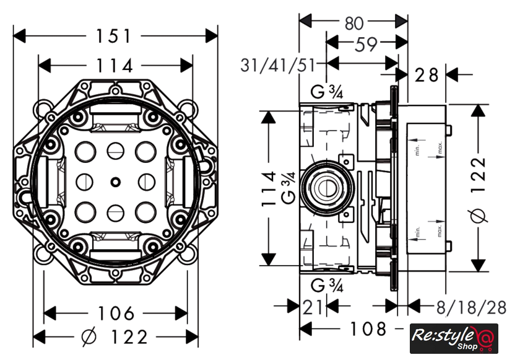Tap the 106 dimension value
116,313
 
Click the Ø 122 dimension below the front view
115,337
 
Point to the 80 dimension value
353,24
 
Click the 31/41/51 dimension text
279,64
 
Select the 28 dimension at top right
427,76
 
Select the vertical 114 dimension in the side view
269,189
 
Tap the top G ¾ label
327,94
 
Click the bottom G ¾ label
327,286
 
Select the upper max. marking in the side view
439,149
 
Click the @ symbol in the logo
486,338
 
